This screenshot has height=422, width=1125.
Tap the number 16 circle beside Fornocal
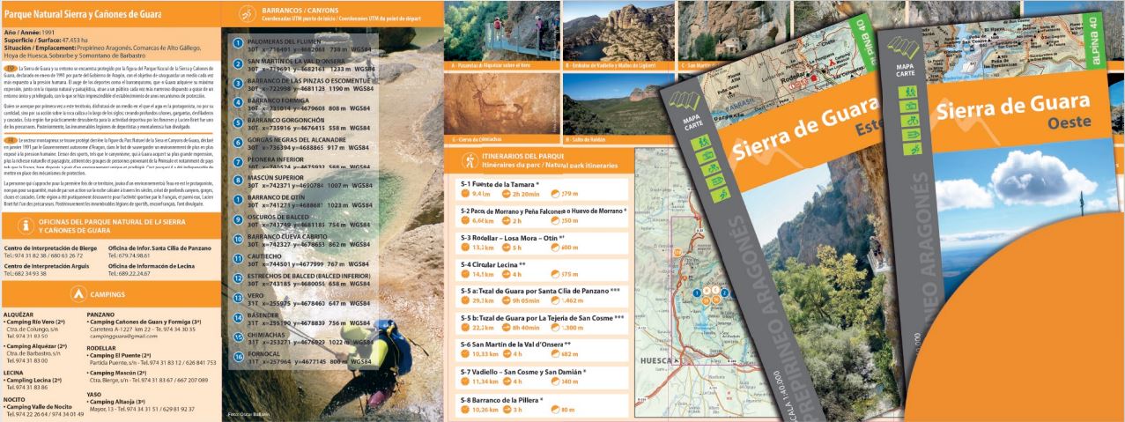(238, 357)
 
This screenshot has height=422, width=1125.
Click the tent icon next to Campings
(78, 293)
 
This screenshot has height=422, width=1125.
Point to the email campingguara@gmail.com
(122, 336)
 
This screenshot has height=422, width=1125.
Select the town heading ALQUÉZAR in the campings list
(19, 314)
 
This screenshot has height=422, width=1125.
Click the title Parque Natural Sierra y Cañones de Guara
(71, 15)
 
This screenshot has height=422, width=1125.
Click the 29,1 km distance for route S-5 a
(481, 300)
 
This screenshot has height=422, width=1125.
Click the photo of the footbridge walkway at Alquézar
(501, 31)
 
